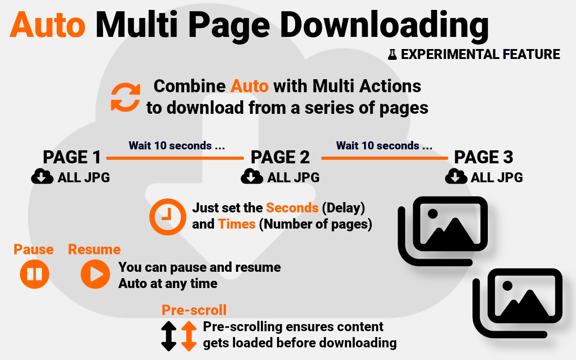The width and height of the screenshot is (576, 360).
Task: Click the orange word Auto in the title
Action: coord(48,24)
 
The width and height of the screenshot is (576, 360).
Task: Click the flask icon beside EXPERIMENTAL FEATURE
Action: coord(392,55)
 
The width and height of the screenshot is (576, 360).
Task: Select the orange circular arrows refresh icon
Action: coord(126,97)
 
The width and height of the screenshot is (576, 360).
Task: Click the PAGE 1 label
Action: coord(72,157)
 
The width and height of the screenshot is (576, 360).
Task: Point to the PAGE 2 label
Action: coord(280,157)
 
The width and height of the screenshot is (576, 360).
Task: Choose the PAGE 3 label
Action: coord(483,157)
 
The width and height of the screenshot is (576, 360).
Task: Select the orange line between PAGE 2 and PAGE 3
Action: coord(384,158)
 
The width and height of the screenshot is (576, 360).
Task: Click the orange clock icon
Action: coord(167,216)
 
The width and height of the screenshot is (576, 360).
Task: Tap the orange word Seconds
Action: coord(292,208)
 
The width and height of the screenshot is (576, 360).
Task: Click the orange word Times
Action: coord(237,224)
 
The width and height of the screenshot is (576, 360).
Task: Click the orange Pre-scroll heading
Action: coord(194,310)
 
